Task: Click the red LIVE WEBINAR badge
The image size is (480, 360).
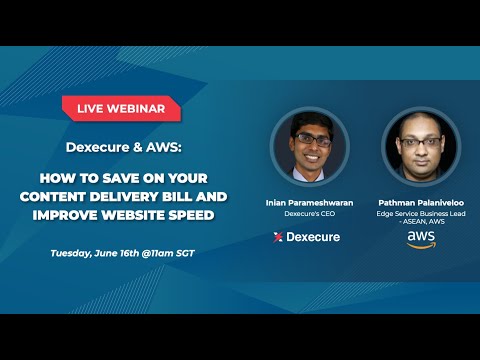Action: [x=121, y=107]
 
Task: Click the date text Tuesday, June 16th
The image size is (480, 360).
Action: [x=97, y=253]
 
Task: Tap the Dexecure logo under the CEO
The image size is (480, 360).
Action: [x=307, y=237]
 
